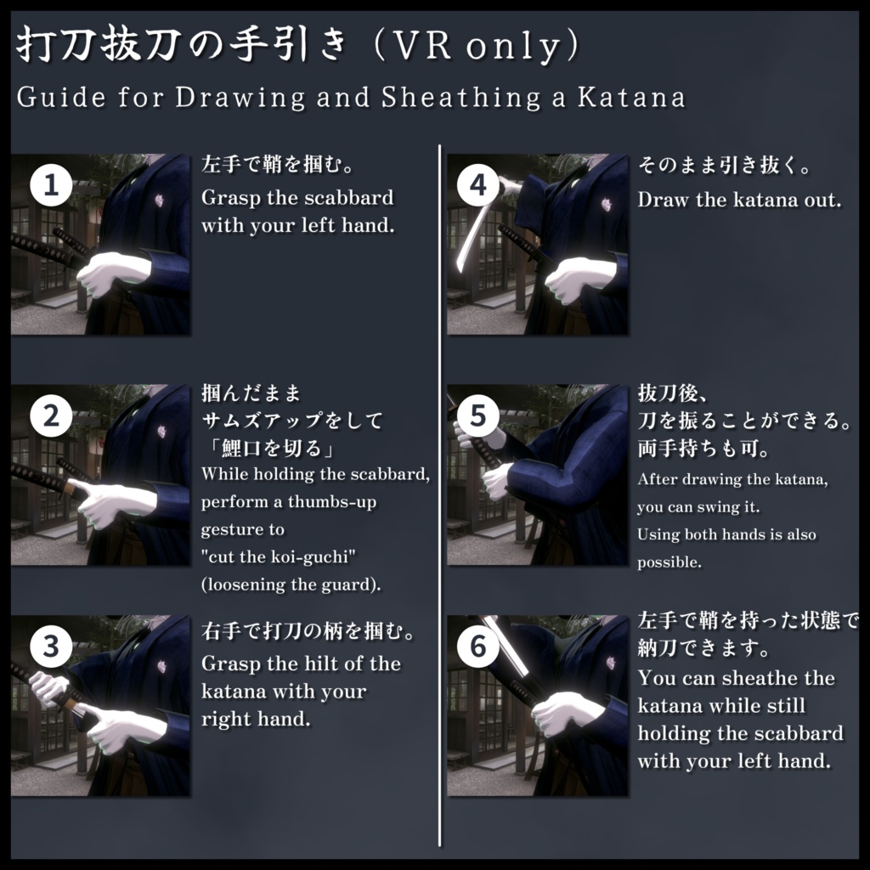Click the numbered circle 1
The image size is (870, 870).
50,185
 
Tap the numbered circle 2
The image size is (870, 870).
50,416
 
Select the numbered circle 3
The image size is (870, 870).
50,647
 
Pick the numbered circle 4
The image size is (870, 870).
478,185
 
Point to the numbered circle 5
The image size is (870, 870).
478,416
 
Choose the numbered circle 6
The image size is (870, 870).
478,647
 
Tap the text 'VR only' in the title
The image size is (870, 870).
476,48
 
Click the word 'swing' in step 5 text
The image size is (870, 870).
722,507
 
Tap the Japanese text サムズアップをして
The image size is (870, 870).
291,420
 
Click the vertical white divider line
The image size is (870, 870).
438,493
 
